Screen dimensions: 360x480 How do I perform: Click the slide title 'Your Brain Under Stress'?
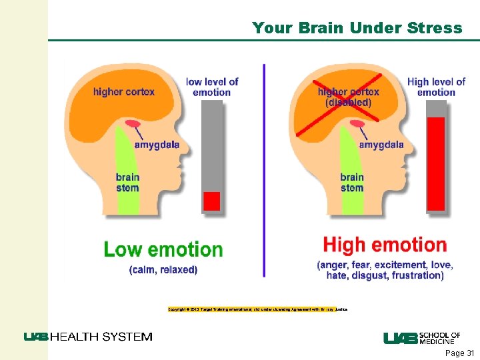point(357,28)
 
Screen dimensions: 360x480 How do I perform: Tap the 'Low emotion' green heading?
point(163,250)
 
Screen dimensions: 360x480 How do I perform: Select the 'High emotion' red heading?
point(385,245)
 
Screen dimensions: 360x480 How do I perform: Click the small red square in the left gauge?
point(211,201)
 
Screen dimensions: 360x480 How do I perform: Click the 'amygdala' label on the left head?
point(157,145)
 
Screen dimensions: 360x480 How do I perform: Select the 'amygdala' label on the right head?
point(381,145)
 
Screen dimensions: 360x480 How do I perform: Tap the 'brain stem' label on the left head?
point(127,182)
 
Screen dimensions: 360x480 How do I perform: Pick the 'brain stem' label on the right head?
point(352,182)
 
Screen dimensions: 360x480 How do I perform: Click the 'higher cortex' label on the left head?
point(124,91)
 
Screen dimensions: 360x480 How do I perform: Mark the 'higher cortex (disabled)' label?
point(349,97)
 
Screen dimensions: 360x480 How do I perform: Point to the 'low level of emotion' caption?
point(212,87)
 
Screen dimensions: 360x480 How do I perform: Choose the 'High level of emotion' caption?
point(436,87)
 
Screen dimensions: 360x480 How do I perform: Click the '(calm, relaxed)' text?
point(163,270)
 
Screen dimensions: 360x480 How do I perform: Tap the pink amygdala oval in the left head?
point(133,123)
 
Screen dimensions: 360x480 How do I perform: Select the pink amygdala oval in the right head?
point(358,123)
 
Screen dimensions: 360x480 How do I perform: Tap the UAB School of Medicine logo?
point(422,338)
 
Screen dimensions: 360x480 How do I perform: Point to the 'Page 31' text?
point(459,353)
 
